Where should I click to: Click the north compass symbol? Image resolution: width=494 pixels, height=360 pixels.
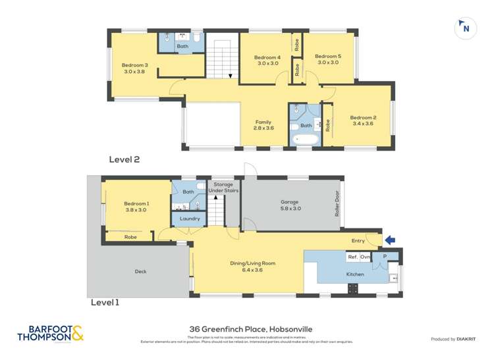click(466, 28)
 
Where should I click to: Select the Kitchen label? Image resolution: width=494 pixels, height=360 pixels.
click(355, 273)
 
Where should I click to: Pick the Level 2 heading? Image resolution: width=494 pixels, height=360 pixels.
click(124, 159)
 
